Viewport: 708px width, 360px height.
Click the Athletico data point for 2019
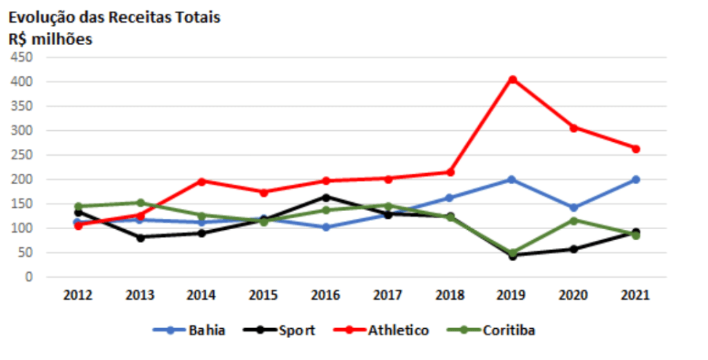[512, 80]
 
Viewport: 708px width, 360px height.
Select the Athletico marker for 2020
[574, 127]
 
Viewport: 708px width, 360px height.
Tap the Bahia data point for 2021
[635, 179]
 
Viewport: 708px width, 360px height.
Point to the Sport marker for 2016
[326, 197]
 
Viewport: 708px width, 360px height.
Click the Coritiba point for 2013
[140, 203]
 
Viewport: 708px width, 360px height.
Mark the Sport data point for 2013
[140, 237]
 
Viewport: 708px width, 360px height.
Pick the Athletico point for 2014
[202, 181]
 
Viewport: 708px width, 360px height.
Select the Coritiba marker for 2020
[574, 220]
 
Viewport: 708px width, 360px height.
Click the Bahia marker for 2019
[512, 179]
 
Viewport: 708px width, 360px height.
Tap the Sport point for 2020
[574, 249]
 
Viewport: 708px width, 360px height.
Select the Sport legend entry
[279, 330]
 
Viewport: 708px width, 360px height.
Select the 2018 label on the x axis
[450, 296]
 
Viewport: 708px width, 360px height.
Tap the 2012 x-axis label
[78, 296]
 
